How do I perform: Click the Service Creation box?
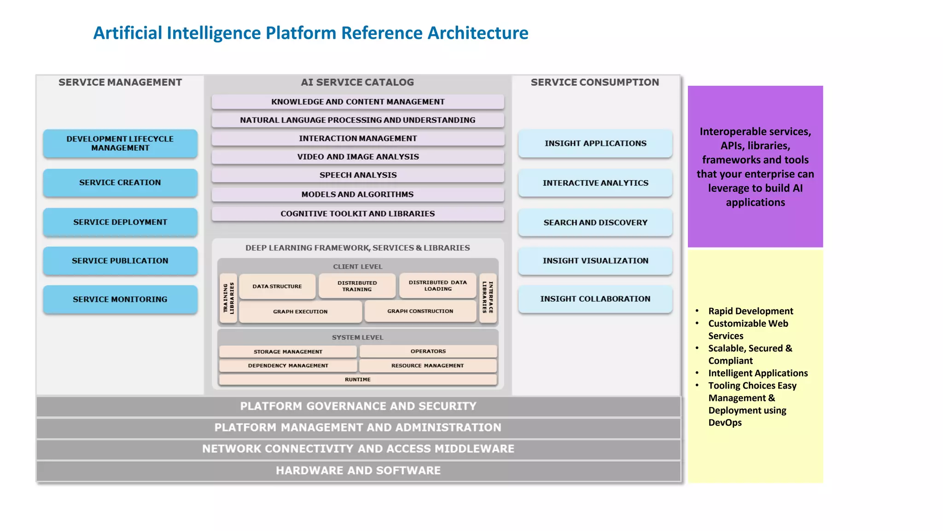(x=120, y=183)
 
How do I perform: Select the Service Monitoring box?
(x=120, y=299)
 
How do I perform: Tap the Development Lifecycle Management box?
(x=120, y=143)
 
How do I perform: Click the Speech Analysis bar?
(x=358, y=175)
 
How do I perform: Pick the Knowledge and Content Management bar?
(x=358, y=101)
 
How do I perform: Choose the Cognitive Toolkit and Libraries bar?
(x=358, y=214)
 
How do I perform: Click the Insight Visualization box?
(x=595, y=260)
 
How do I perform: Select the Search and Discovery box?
(x=595, y=222)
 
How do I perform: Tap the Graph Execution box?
(x=300, y=312)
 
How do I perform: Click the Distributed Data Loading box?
(x=437, y=286)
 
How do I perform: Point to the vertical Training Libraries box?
(x=228, y=298)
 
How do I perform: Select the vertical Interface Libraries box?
(x=488, y=298)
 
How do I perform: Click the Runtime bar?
(x=358, y=379)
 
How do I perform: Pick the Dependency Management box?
(x=288, y=366)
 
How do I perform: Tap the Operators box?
(x=428, y=351)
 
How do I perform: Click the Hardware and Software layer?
(x=358, y=471)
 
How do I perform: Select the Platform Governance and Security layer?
(x=358, y=406)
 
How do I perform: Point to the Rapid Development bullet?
(x=750, y=311)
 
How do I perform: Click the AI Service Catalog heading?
(x=357, y=83)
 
